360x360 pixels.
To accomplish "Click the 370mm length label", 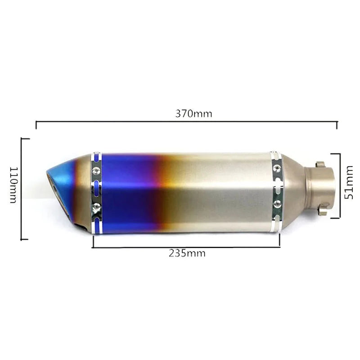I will pos(193,113).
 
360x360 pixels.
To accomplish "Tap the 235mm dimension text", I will pos(187,253).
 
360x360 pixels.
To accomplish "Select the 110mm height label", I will pos(13,185).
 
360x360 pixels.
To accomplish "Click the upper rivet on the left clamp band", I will pos(96,170).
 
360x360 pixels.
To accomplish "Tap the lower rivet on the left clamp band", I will pos(96,207).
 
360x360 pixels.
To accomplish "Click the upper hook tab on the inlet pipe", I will pos(320,165).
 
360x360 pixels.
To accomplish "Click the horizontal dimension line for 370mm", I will pos(186,121).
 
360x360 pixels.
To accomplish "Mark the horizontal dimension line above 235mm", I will pos(186,247).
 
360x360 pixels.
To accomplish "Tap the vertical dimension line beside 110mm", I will pos(22,189).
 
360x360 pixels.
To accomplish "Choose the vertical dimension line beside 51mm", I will pos(339,185).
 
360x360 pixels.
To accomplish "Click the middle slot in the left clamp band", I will pos(96,189).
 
